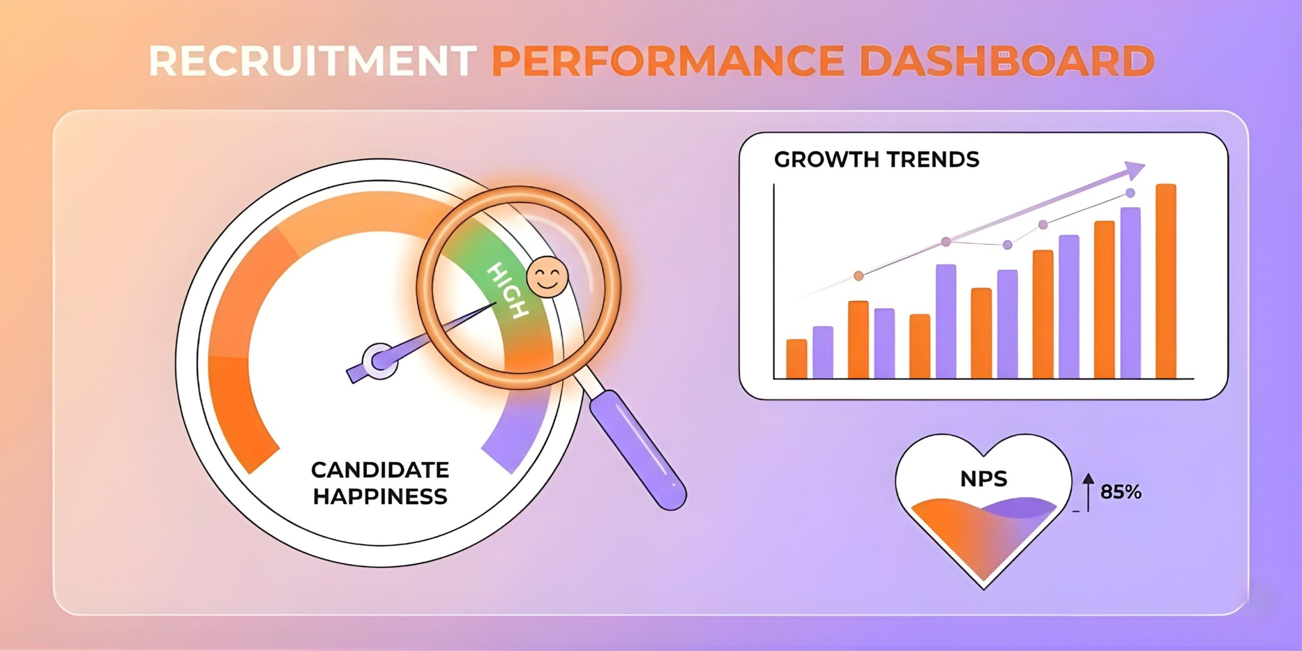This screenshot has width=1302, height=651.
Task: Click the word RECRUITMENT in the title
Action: (x=313, y=61)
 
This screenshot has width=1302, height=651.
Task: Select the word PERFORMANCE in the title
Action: (x=668, y=61)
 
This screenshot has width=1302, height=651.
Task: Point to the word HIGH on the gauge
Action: (x=507, y=290)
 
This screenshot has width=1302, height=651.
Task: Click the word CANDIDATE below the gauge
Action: (x=380, y=470)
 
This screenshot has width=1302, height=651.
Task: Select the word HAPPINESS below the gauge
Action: (x=380, y=496)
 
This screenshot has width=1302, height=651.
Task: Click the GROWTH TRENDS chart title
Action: (x=876, y=160)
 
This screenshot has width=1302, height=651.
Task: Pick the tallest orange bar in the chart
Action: (x=1166, y=281)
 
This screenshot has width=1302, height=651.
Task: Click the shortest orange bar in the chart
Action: (x=796, y=359)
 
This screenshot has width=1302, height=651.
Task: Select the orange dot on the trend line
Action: (x=859, y=276)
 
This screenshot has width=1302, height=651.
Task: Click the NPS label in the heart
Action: (x=984, y=479)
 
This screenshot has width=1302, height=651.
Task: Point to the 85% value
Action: (x=1121, y=492)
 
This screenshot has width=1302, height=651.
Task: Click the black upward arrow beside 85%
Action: (x=1088, y=492)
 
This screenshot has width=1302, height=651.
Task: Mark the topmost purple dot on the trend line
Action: (x=1130, y=193)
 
